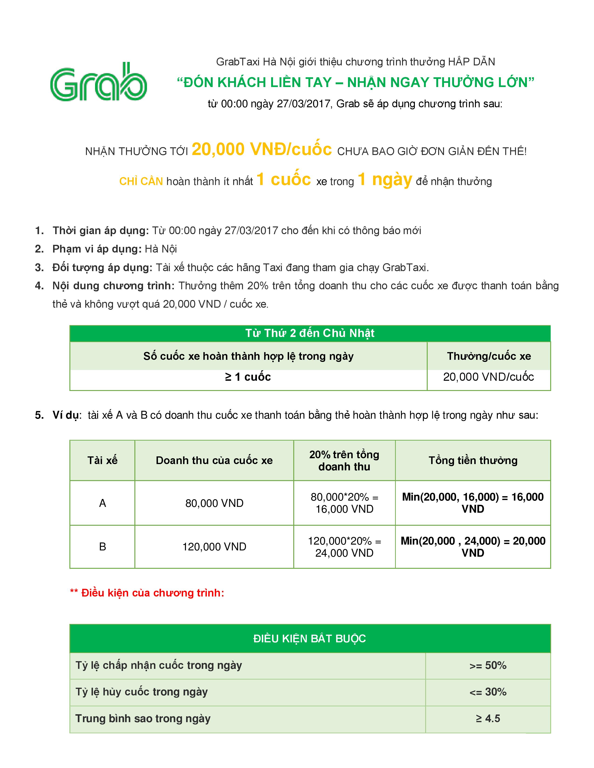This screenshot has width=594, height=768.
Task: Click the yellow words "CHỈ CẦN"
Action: click(x=141, y=182)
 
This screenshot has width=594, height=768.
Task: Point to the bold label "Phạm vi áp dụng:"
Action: click(x=97, y=249)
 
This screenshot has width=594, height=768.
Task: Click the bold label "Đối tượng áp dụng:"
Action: click(x=102, y=268)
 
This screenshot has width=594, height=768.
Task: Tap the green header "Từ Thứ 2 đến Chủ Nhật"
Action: click(x=310, y=333)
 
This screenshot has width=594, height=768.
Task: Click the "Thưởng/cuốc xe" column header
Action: click(x=489, y=356)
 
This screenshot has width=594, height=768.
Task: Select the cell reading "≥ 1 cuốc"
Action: click(x=248, y=377)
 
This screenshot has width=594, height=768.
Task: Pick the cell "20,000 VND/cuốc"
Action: click(x=488, y=377)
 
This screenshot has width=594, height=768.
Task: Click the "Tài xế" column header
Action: click(x=102, y=460)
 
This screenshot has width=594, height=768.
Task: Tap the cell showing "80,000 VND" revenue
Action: click(x=214, y=503)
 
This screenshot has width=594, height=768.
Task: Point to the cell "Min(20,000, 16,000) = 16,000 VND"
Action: click(x=473, y=503)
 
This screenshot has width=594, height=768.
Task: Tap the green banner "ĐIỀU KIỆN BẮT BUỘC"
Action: click(x=310, y=639)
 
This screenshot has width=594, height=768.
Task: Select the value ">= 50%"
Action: click(x=488, y=665)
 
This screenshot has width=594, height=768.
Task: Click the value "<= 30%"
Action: click(x=488, y=692)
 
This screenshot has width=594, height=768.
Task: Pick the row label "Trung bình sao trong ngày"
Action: click(x=143, y=718)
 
